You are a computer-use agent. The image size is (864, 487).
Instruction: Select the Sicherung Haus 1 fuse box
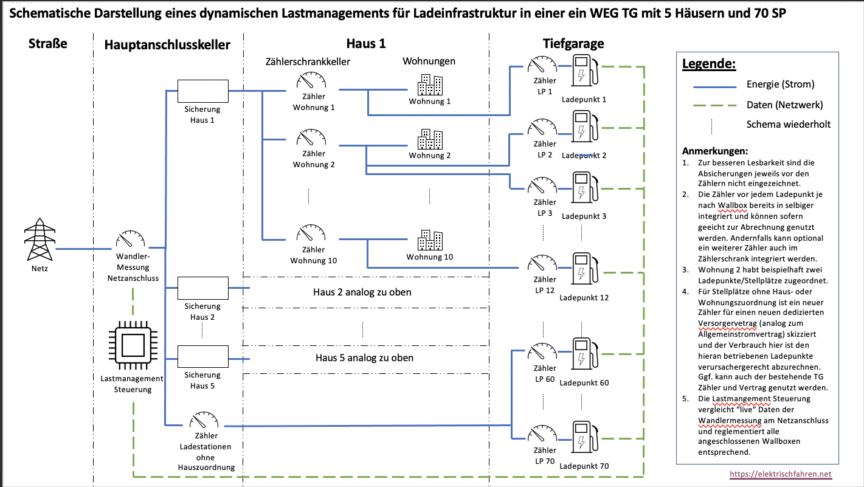coord(202,91)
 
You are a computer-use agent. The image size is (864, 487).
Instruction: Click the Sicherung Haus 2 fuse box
coord(202,288)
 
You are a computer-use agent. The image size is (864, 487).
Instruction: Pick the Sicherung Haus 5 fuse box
coord(202,356)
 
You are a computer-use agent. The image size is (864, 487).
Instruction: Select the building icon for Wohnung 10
coord(429,240)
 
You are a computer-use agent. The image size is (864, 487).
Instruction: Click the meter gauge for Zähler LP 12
coord(542,263)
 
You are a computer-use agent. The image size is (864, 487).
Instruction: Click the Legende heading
coord(708,64)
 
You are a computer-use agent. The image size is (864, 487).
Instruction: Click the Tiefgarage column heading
coord(573,43)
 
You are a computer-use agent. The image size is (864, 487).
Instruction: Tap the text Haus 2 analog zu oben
coord(362,292)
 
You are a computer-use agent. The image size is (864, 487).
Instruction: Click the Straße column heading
coord(47,43)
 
